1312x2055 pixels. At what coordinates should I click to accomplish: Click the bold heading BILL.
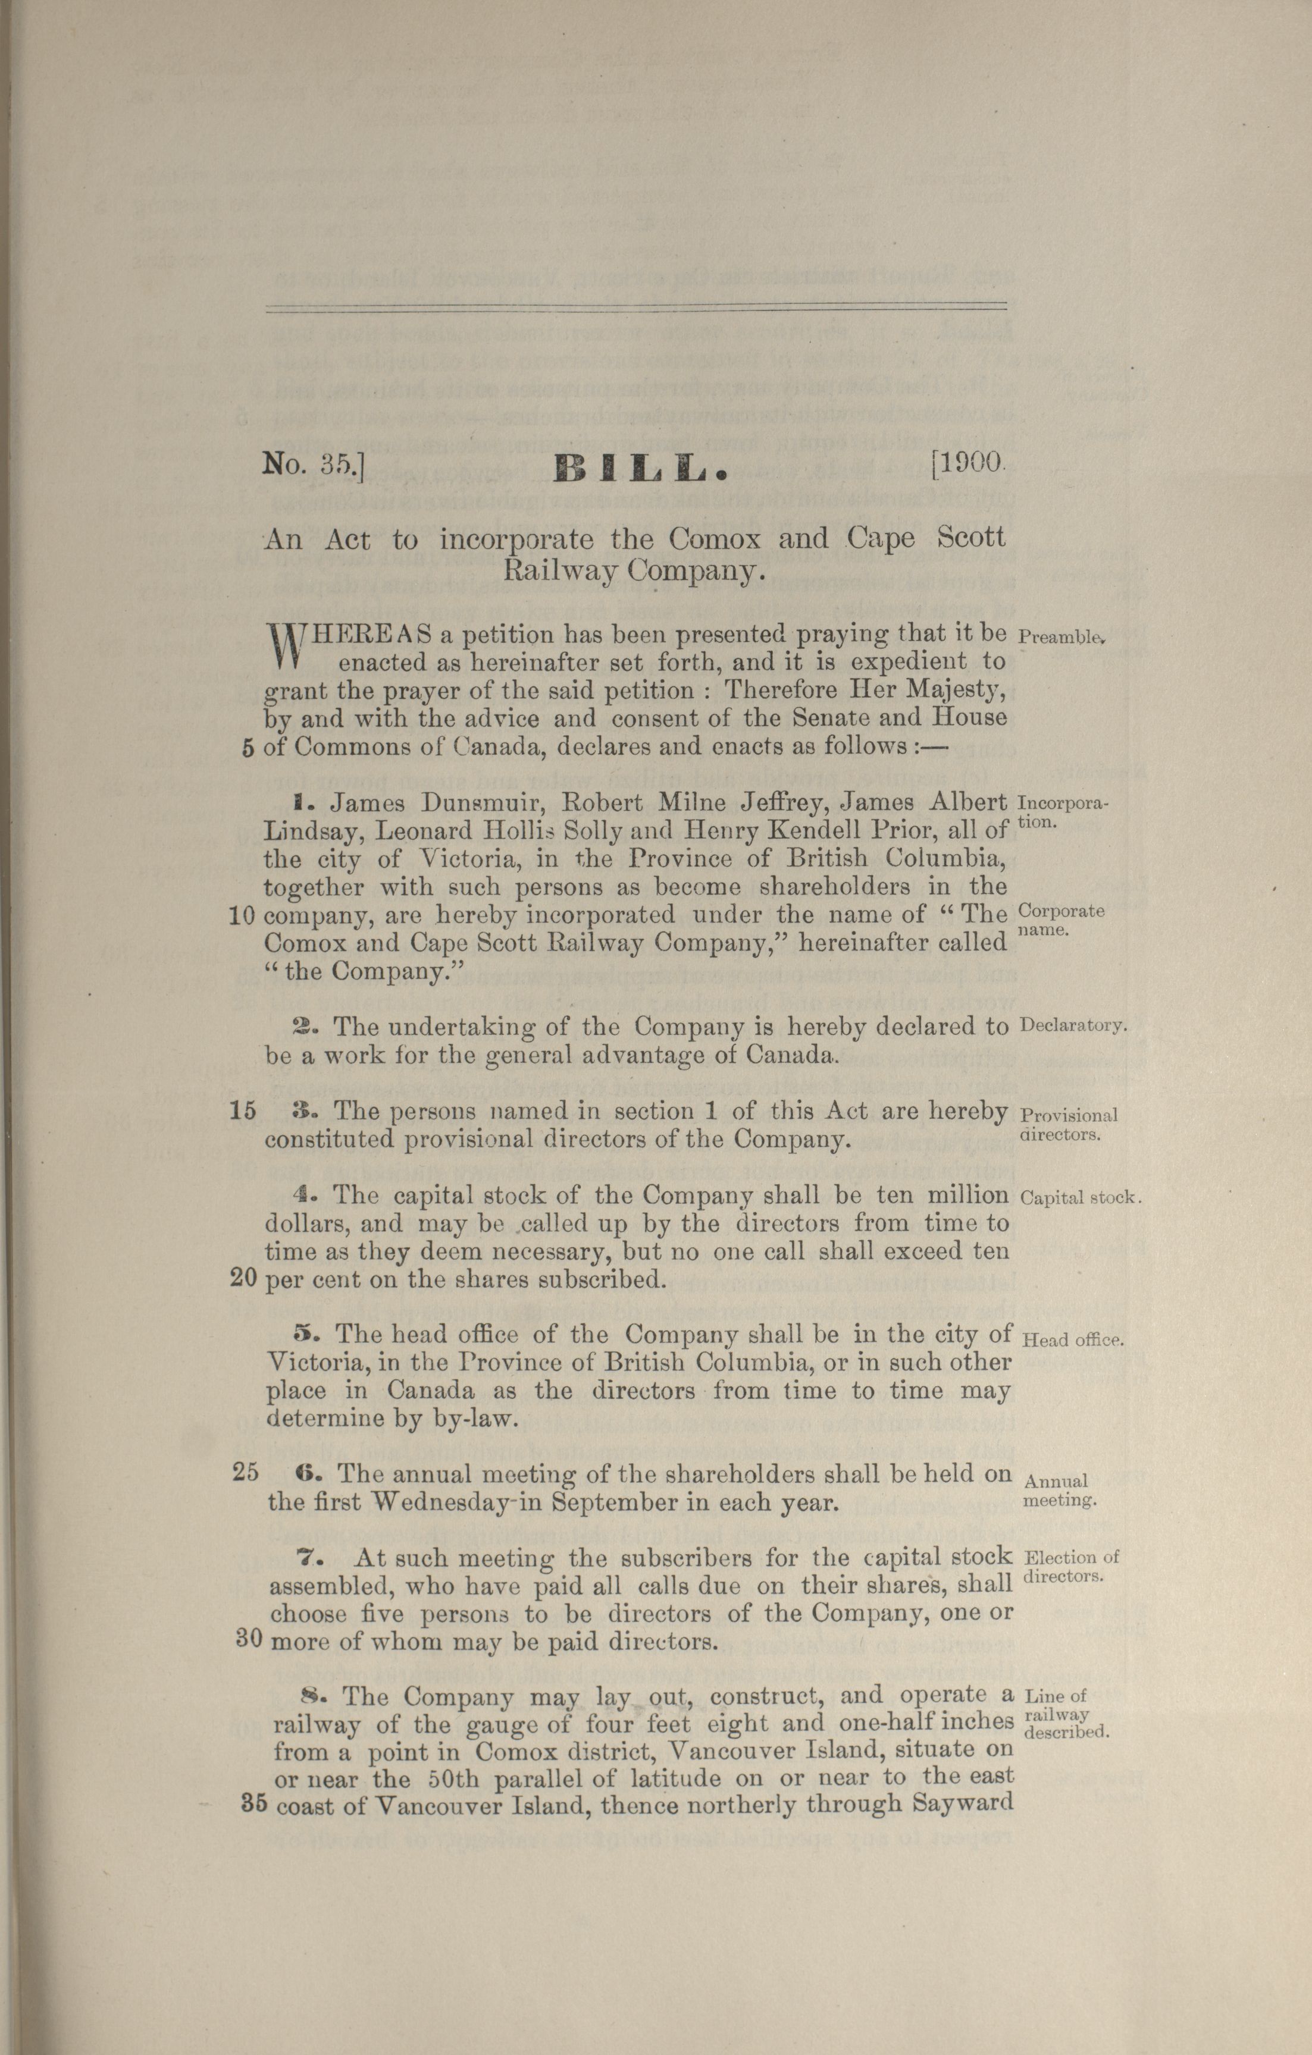click(640, 467)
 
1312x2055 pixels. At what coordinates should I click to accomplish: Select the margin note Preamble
click(1063, 636)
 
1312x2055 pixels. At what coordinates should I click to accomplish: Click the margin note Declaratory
click(1073, 1025)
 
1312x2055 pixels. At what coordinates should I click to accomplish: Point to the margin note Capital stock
click(1081, 1197)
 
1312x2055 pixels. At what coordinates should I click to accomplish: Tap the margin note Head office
click(1072, 1339)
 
